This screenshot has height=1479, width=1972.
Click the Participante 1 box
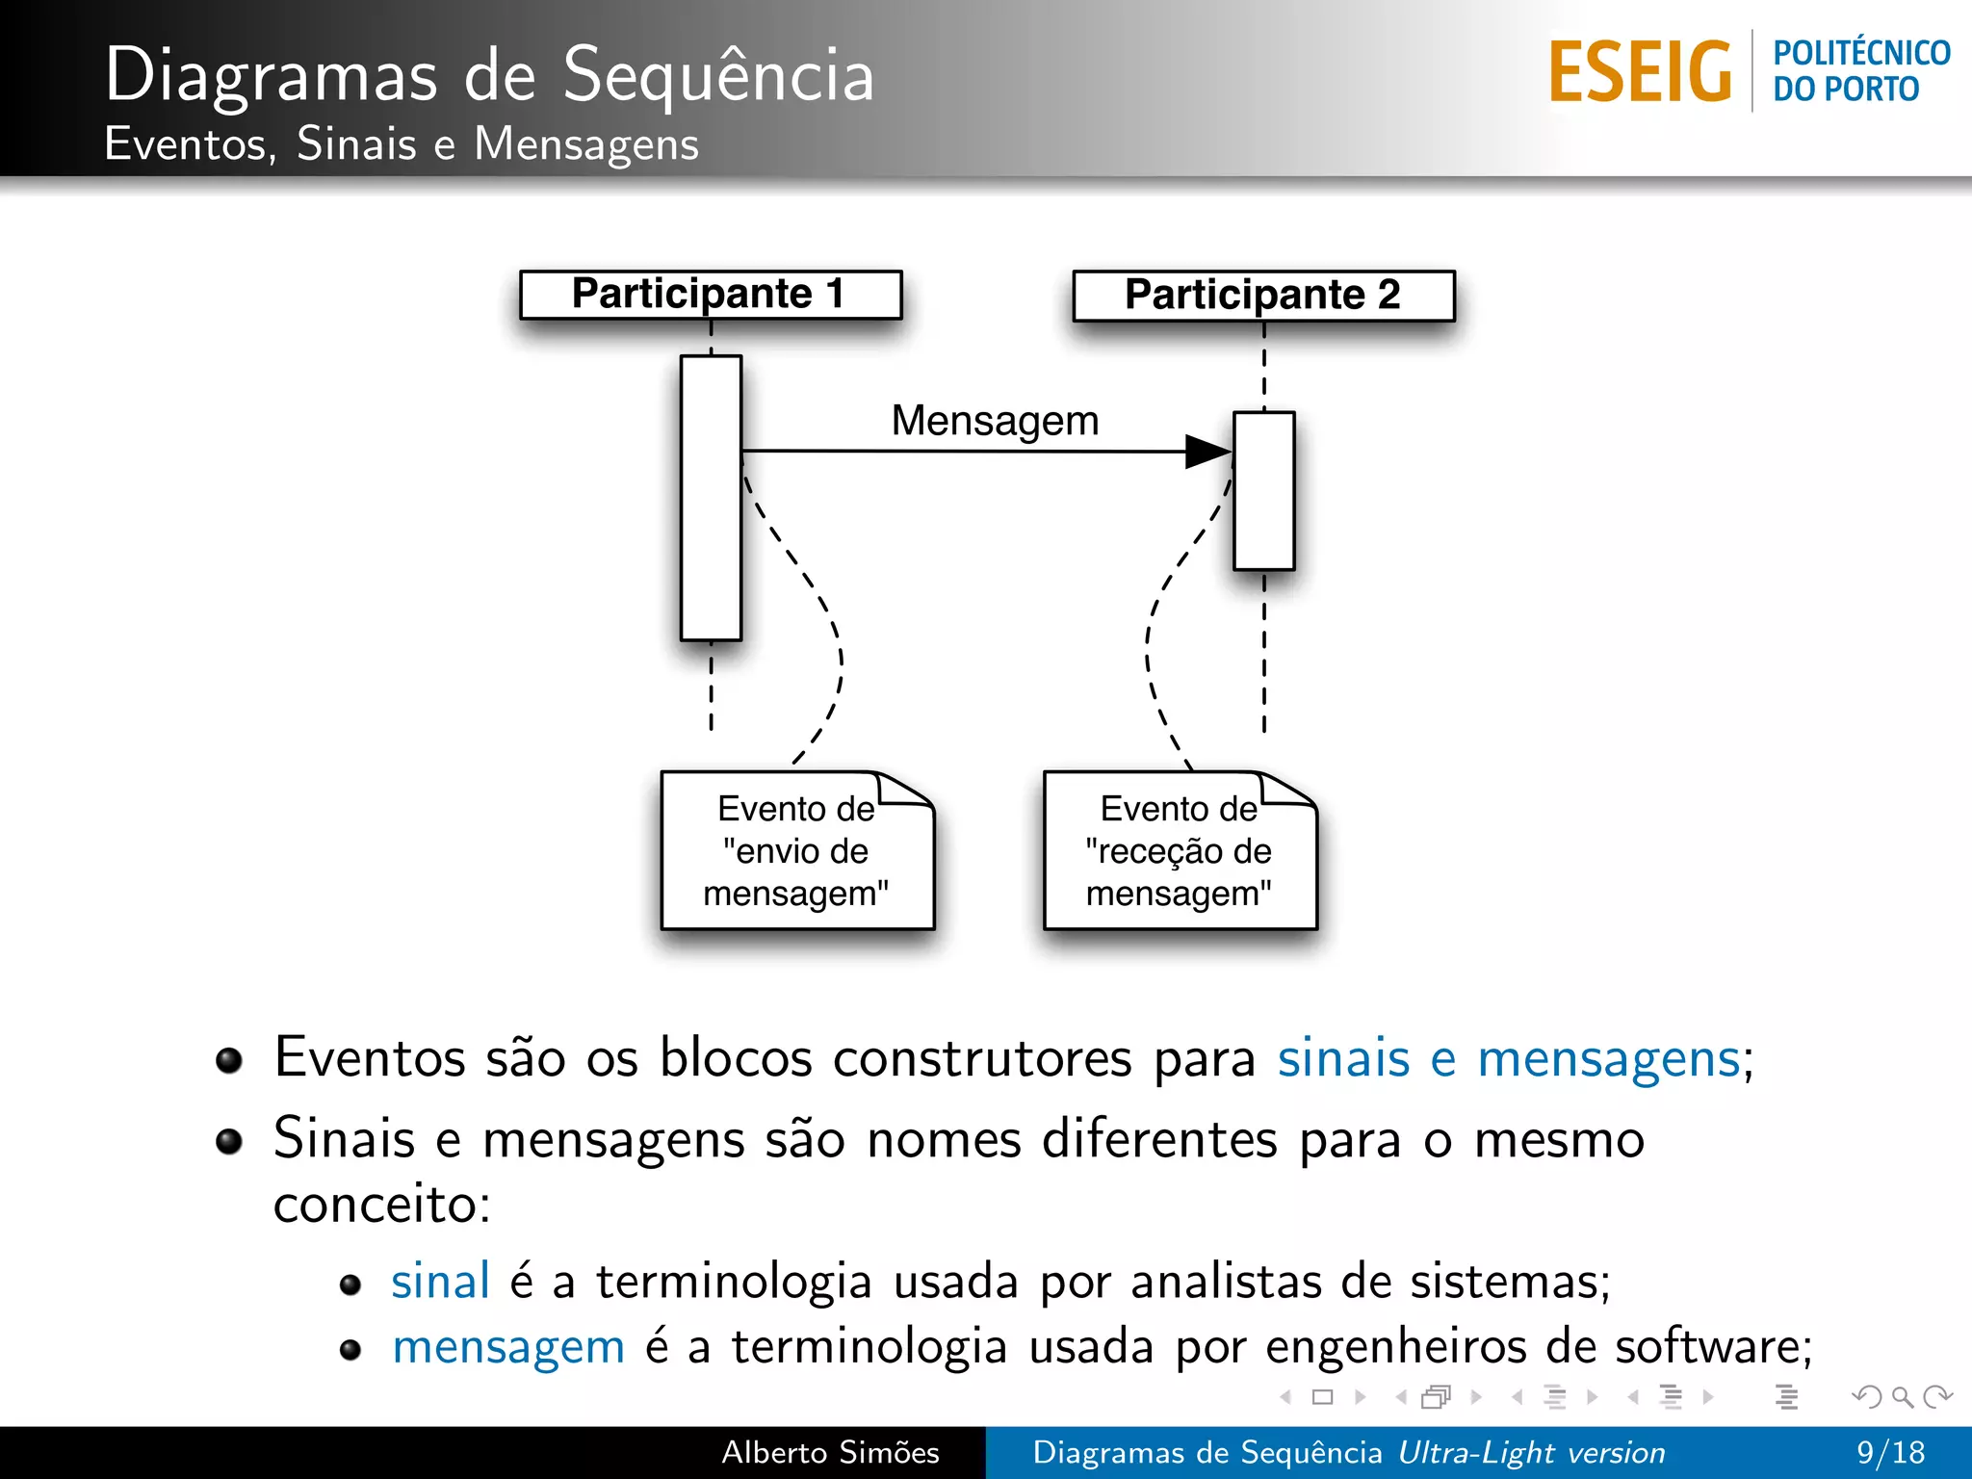[x=711, y=295]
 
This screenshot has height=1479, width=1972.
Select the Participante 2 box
[x=1263, y=296]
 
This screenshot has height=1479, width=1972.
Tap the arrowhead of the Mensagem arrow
[x=1208, y=451]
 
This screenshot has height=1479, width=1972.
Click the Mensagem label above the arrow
[x=995, y=421]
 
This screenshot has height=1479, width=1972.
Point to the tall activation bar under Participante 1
[x=711, y=498]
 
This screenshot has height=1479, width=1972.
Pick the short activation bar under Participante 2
[x=1264, y=491]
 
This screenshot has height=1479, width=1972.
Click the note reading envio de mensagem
[x=796, y=851]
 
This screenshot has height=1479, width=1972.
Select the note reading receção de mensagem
[x=1180, y=851]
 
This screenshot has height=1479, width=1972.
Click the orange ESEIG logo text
[x=1640, y=72]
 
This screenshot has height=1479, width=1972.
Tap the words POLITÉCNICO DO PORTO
[x=1860, y=71]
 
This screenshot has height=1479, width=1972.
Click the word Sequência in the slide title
[x=718, y=75]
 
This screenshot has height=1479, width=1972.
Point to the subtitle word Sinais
[x=356, y=144]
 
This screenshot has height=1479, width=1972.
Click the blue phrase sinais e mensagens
[x=1509, y=1058]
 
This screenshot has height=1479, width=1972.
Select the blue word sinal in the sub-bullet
[x=440, y=1282]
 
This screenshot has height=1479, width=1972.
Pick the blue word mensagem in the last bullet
[x=508, y=1346]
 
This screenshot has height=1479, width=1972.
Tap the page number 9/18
[x=1890, y=1452]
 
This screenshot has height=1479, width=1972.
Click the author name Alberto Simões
[x=830, y=1452]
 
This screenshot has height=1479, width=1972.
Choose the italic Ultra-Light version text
[x=1531, y=1452]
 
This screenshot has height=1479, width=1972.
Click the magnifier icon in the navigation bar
[x=1902, y=1396]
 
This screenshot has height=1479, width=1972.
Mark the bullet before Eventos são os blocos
[x=229, y=1060]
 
